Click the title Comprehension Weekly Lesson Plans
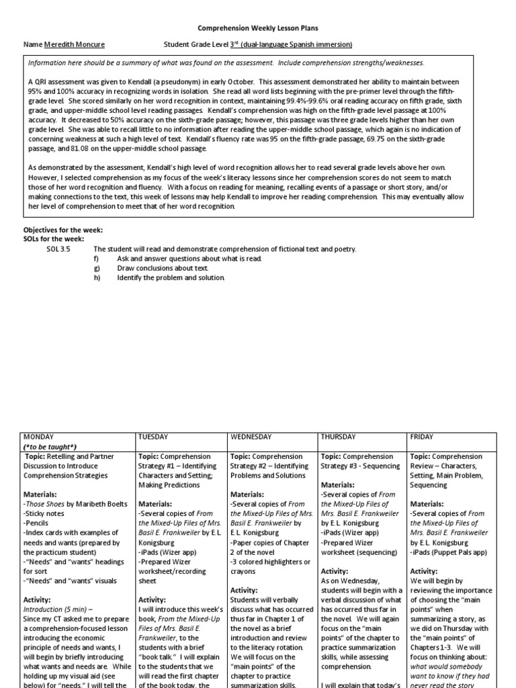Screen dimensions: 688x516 coord(257,28)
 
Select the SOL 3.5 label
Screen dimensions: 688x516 coord(58,249)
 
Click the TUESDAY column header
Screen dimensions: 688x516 coord(155,436)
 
